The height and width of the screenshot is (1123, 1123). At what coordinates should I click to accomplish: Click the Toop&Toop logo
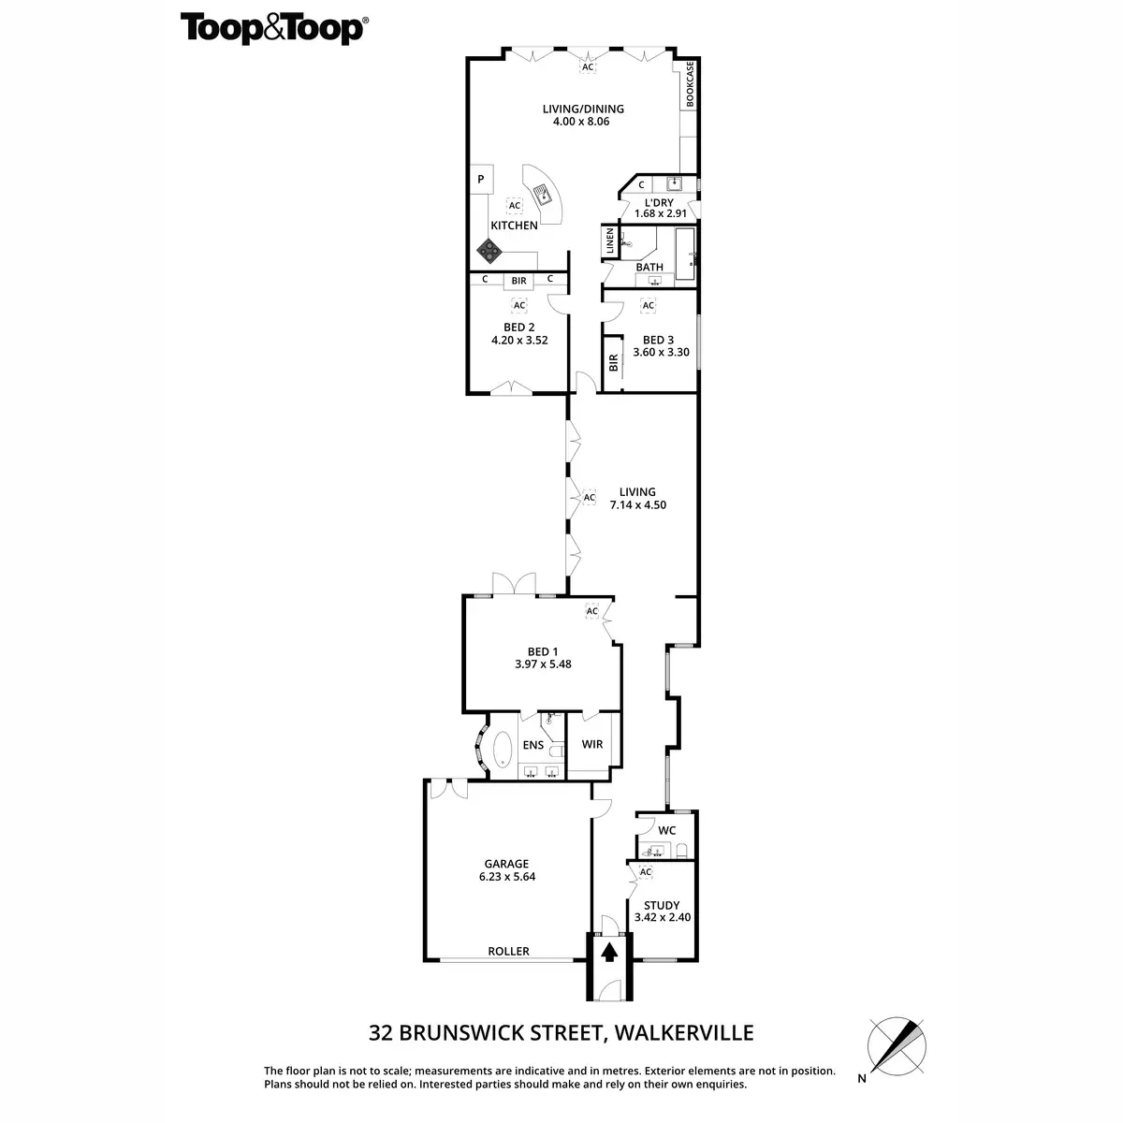[x=272, y=28]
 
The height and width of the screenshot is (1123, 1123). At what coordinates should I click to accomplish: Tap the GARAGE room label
[x=506, y=864]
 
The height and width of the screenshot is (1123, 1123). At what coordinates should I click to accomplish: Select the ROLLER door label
[x=508, y=952]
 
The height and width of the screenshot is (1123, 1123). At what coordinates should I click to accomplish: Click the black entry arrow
[x=609, y=953]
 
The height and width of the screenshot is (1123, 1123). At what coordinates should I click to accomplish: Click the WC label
[x=667, y=830]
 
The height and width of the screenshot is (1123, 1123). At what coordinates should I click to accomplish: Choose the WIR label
[x=591, y=745]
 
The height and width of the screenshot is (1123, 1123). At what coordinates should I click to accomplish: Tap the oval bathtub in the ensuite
[x=503, y=750]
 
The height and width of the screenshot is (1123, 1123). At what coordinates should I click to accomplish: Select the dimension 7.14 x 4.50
[x=637, y=505]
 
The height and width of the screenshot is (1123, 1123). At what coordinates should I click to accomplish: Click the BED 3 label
[x=658, y=340]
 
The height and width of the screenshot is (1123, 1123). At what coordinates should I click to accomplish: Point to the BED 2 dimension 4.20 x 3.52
[x=519, y=341]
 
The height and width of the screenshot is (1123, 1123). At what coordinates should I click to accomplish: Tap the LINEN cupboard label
[x=609, y=242]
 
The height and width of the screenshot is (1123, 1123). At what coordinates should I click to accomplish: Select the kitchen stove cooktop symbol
[x=489, y=250]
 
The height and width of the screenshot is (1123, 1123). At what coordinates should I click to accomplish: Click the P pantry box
[x=481, y=180]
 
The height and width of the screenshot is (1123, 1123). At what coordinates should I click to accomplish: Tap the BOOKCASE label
[x=690, y=83]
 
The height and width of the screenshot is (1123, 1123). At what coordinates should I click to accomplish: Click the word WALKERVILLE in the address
[x=685, y=1033]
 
